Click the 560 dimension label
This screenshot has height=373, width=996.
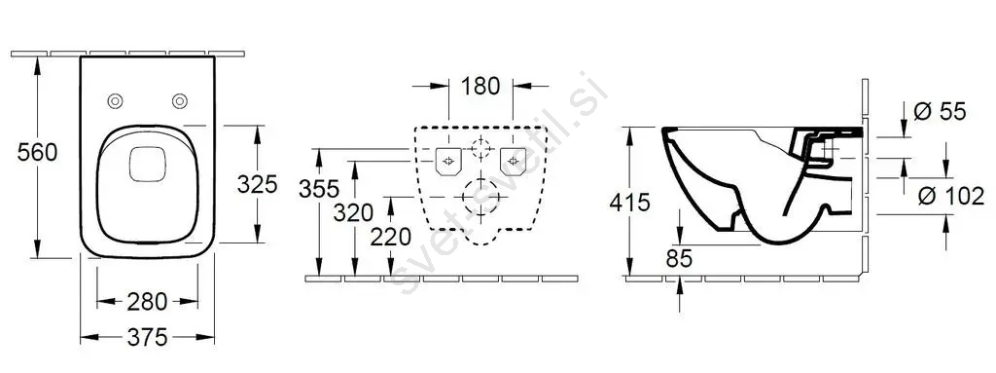tap(37, 153)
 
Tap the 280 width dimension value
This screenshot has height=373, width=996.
tap(147, 302)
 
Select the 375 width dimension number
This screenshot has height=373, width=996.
tap(147, 337)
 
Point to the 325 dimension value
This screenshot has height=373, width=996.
tap(257, 185)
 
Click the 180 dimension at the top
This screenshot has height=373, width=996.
tap(480, 86)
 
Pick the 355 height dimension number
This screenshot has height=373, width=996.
tap(319, 189)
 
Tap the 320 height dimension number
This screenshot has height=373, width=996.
tap(353, 212)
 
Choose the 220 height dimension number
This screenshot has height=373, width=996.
tap(391, 238)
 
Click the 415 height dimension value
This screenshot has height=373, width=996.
tap(630, 203)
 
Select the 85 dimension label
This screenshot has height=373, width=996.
tap(679, 259)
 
